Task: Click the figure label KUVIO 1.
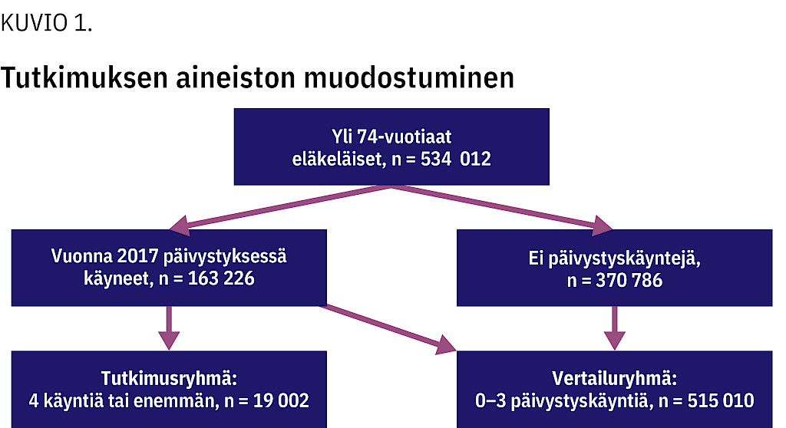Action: click(x=47, y=23)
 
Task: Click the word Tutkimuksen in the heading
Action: click(x=84, y=77)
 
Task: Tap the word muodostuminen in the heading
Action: click(x=409, y=77)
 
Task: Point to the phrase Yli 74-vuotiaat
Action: click(x=391, y=137)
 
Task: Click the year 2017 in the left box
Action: click(x=137, y=256)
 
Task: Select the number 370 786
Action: click(x=629, y=280)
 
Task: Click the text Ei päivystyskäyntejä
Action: click(x=615, y=259)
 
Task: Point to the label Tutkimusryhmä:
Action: click(x=169, y=379)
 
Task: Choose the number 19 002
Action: click(x=281, y=400)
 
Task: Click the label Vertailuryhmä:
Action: click(x=615, y=378)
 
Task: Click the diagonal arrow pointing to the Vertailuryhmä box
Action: click(x=389, y=329)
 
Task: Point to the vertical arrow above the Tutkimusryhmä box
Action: click(x=169, y=328)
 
